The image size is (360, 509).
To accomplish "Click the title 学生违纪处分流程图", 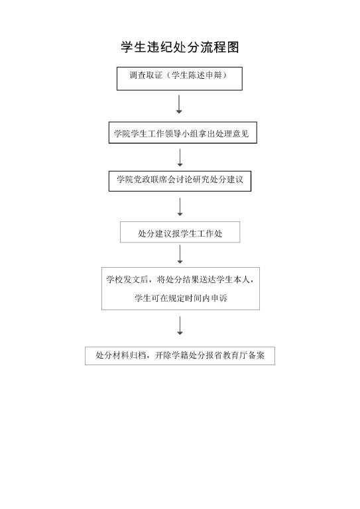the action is point(180,47).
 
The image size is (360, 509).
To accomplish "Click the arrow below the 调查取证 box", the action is point(179,104).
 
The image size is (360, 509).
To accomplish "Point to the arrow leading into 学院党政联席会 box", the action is point(180,158).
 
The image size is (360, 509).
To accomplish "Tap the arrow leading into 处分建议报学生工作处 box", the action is point(180,207).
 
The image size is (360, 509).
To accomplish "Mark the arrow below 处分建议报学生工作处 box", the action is point(180,254).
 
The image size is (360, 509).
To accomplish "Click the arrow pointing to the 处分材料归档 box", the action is point(180,325).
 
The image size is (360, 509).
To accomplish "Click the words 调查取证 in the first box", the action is point(146,76).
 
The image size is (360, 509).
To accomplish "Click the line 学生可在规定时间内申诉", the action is point(181,298).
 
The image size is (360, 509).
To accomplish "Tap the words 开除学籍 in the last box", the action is point(172,355).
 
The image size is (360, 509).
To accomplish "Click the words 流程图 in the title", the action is point(219,47).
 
